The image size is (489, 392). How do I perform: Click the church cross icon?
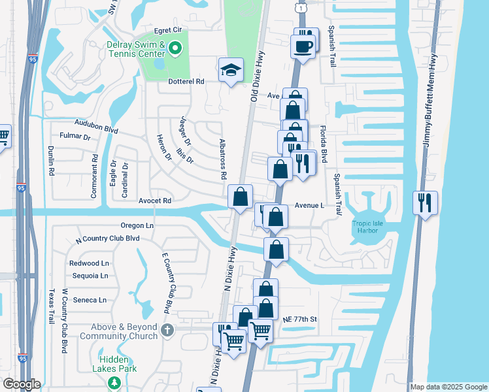point(167,331)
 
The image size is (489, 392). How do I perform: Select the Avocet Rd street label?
point(154,201)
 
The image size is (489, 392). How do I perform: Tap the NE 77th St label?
point(300,319)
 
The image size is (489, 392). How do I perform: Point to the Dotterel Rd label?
point(186,81)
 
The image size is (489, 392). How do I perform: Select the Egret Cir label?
point(167,30)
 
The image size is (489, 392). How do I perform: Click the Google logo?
point(22,384)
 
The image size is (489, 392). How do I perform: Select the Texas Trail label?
point(51,306)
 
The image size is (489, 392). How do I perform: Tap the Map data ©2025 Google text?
point(448,387)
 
